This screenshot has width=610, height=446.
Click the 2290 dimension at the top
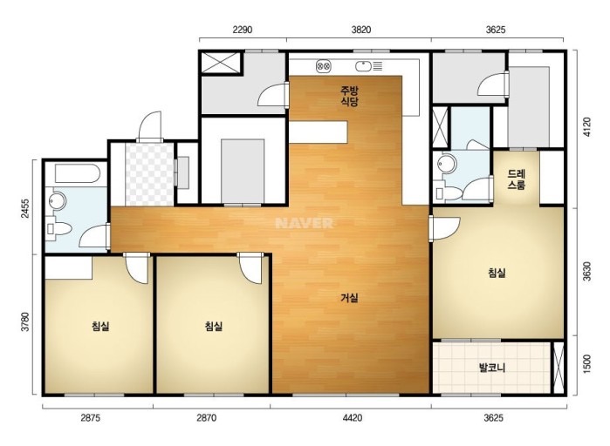[x=243, y=30]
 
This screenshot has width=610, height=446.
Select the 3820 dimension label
[x=361, y=30]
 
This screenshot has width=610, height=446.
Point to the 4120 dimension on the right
[x=587, y=127]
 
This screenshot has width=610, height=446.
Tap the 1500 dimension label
[x=587, y=364]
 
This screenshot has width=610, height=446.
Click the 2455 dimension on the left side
[x=24, y=208]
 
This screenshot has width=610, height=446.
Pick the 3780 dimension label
[x=24, y=321]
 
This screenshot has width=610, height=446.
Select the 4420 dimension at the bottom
[x=353, y=418]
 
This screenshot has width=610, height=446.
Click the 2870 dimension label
[x=206, y=418]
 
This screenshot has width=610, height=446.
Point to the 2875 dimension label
[x=90, y=418]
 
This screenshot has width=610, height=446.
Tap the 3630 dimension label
[x=587, y=271]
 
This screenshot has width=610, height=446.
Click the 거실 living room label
[x=349, y=298]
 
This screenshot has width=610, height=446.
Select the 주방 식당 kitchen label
[x=349, y=97]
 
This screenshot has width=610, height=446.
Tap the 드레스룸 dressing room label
[x=517, y=179]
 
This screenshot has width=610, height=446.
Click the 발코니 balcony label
[x=492, y=368]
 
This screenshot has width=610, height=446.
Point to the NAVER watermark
[x=305, y=223]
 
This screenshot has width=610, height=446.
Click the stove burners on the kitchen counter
[x=323, y=66]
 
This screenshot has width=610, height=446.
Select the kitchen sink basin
[x=363, y=66]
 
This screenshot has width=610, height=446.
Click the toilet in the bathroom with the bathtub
[x=58, y=228]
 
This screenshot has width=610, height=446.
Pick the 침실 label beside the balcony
[x=497, y=273]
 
